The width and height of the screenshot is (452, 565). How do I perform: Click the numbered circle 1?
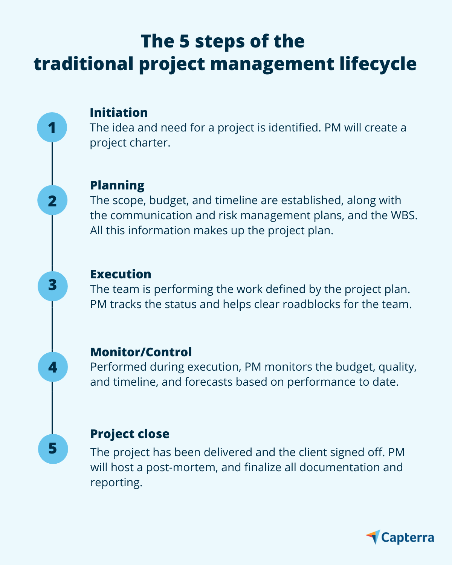[x=52, y=127]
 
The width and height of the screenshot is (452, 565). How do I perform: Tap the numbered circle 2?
[x=52, y=200]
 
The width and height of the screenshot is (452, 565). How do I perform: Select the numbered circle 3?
[x=53, y=286]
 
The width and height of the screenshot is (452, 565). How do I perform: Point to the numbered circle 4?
[x=53, y=367]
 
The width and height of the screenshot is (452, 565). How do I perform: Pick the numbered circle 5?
[x=53, y=449]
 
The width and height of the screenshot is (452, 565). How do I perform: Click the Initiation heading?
[x=119, y=112]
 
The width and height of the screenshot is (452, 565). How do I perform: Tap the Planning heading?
[x=117, y=185]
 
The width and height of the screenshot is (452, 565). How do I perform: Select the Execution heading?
[x=121, y=274]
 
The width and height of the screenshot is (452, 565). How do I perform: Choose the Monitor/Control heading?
[x=141, y=352]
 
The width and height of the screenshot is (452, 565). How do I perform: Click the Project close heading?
[x=130, y=434]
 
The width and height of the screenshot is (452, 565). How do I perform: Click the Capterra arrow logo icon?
[x=373, y=537]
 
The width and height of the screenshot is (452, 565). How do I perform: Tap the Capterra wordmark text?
[x=408, y=538]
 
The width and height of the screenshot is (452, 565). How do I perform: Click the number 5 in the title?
[x=184, y=41]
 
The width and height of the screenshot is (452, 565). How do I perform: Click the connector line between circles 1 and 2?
[x=52, y=164]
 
